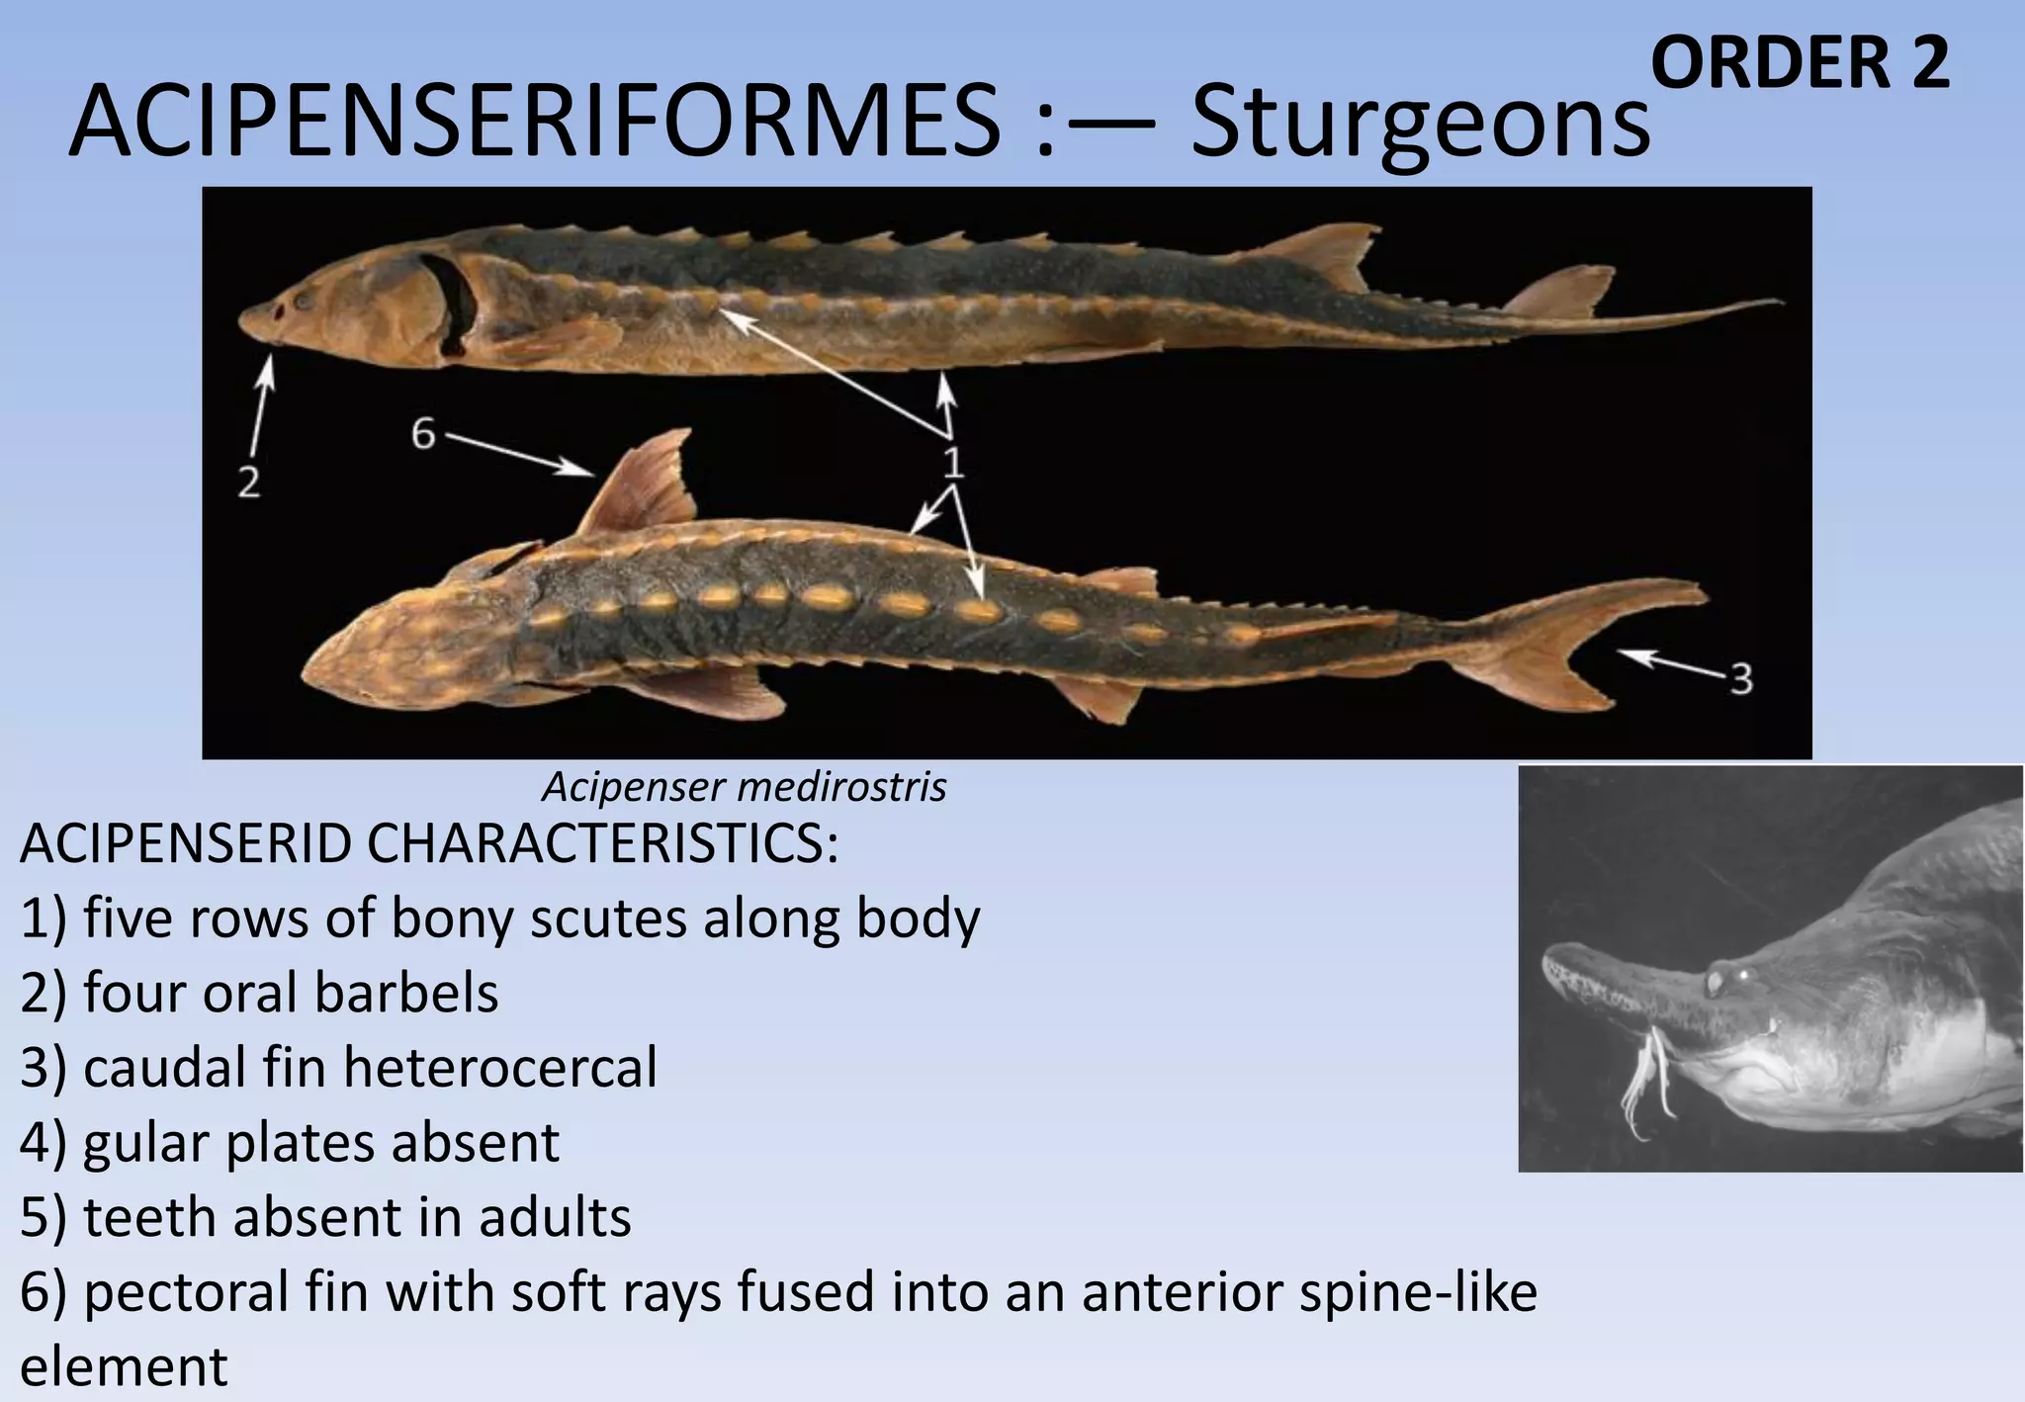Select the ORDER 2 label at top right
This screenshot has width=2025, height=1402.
[1800, 63]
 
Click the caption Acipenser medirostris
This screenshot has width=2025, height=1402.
[744, 787]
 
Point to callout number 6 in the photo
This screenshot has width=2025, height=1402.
[423, 433]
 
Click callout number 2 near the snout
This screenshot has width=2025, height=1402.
[248, 483]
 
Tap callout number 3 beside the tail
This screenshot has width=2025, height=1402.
[1741, 679]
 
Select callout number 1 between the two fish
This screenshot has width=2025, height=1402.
[952, 462]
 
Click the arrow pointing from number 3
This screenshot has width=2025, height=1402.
[1671, 662]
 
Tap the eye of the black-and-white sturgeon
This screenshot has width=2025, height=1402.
[1718, 979]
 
